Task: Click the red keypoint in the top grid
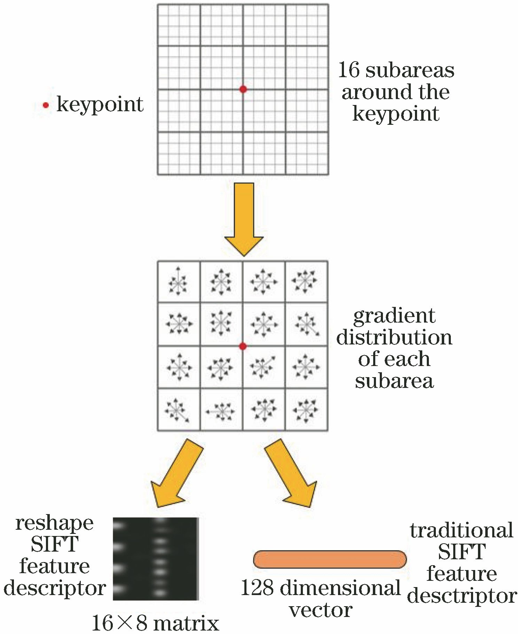click(x=243, y=89)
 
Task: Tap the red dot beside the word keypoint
click(x=46, y=105)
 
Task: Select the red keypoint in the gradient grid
click(x=243, y=346)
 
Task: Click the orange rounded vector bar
click(x=330, y=559)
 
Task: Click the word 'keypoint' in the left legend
click(x=100, y=104)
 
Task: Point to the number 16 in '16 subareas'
click(x=348, y=70)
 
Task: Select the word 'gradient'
click(x=394, y=316)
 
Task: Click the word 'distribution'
click(x=394, y=337)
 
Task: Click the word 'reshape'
click(x=55, y=523)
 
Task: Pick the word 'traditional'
click(x=462, y=530)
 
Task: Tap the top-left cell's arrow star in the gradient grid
click(x=178, y=282)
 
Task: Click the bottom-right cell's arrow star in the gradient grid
click(x=306, y=410)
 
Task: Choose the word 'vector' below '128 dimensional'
click(x=321, y=610)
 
